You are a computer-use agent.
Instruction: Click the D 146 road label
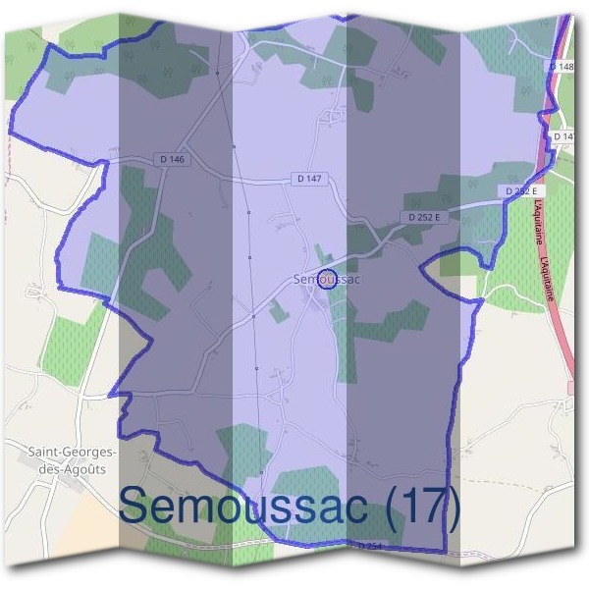[170, 158]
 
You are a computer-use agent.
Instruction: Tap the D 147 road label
[308, 179]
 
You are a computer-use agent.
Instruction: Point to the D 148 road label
[561, 65]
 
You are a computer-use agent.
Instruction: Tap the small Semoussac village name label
[327, 280]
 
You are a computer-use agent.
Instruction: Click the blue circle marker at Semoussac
[330, 278]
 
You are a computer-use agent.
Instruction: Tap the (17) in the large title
[421, 507]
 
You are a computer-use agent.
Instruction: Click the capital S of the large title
[137, 507]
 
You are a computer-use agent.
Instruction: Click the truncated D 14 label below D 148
[562, 136]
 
